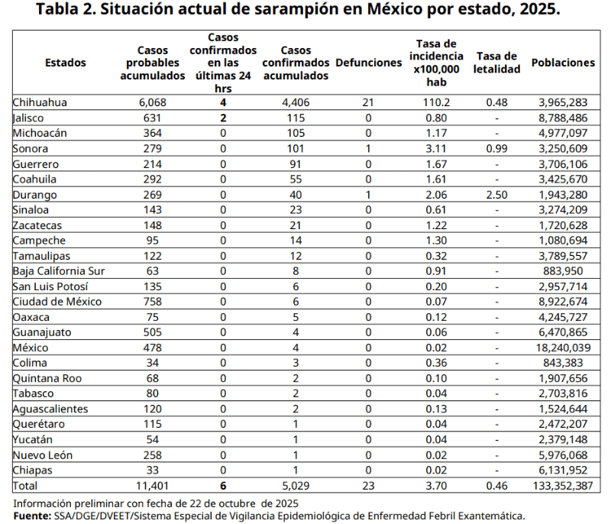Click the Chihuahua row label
click(x=40, y=102)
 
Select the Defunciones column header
click(x=368, y=63)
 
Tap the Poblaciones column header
click(x=563, y=63)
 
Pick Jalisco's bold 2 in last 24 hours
click(x=223, y=118)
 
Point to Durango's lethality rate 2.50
click(x=497, y=195)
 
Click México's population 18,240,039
click(x=563, y=348)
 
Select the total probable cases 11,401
click(x=152, y=486)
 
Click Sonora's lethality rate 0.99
click(x=497, y=148)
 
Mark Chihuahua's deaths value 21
click(x=368, y=102)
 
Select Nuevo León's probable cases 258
click(x=152, y=455)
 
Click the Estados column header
click(x=66, y=63)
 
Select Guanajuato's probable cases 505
click(x=152, y=332)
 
